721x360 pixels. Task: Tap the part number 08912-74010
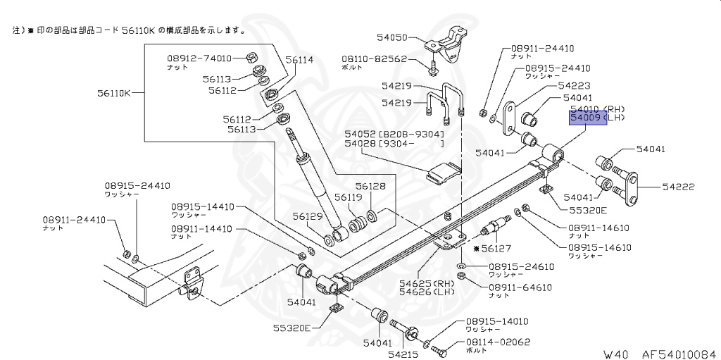(199, 58)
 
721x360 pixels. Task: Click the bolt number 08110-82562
(375, 59)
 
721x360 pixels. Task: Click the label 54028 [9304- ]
(394, 144)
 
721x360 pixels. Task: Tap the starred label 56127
(492, 248)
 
